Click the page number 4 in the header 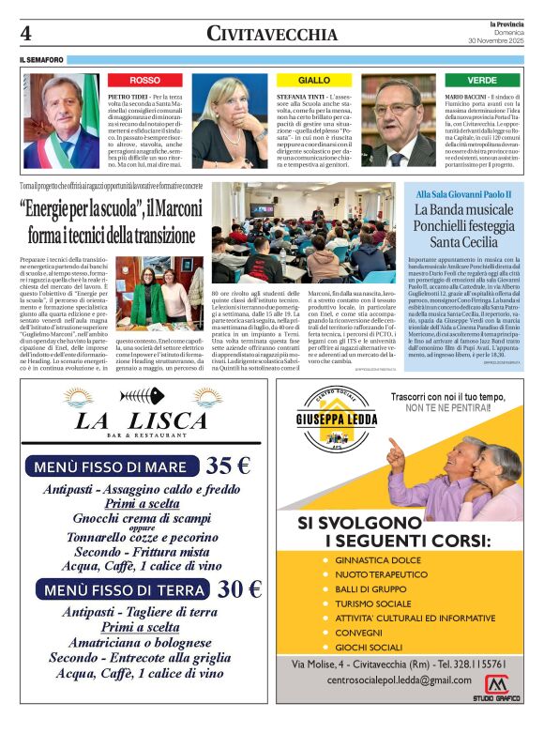click(x=26, y=34)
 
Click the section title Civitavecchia click(x=271, y=34)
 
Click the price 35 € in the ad click(x=228, y=466)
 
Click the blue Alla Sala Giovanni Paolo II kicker click(x=464, y=193)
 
